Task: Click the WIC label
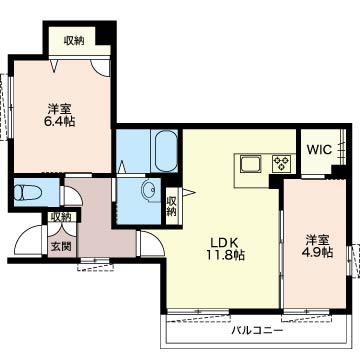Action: coord(319,149)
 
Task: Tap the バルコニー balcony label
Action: coord(257,331)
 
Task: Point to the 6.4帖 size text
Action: coord(60,121)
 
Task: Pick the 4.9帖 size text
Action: coord(319,252)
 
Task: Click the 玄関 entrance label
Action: coord(61,247)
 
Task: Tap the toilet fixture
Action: coord(28,192)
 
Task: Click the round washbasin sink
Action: coord(149,191)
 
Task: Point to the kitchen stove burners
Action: coord(282,163)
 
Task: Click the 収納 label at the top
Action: coord(74,41)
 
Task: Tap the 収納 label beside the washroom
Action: coord(171,206)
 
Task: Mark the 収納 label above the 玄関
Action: coord(61,217)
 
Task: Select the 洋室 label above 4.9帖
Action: coord(318,240)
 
